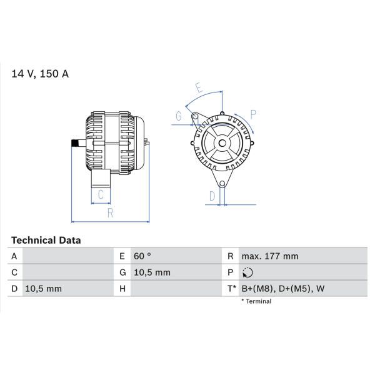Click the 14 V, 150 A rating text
coord(40,74)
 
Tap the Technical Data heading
coord(46,241)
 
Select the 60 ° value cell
coord(142,256)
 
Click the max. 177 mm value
coord(270,256)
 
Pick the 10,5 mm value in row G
coord(152,272)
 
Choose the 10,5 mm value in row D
coord(44,289)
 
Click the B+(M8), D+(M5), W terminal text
coord(283,289)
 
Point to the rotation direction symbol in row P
coord(247,272)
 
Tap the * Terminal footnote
coord(256,301)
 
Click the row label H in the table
coord(122,289)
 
